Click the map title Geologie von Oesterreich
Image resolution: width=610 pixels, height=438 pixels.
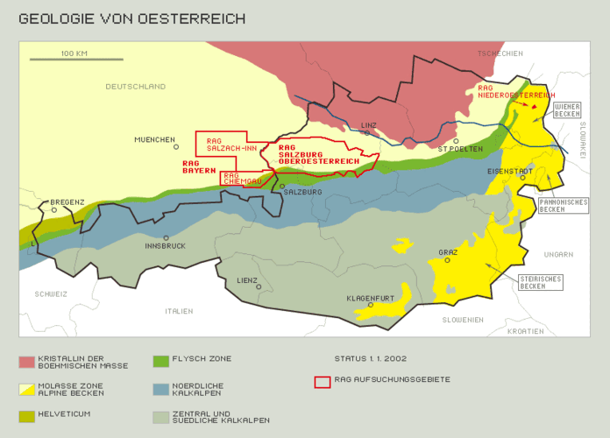point(131,18)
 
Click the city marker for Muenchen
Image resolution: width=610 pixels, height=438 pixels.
point(177,147)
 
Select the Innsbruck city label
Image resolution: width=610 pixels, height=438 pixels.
point(165,246)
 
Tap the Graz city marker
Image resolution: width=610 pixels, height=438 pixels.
point(447,260)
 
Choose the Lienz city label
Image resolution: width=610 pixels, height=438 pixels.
point(247,279)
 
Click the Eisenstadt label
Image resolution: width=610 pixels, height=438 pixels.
point(507,170)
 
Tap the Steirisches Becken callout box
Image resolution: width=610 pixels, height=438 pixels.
point(541,281)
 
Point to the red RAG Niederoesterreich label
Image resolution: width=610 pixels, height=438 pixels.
point(516,92)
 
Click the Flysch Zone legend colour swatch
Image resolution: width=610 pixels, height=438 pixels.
point(160,360)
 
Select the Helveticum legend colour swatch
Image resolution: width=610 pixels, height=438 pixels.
point(26,414)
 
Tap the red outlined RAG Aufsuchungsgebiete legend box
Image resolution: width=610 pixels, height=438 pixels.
point(323,382)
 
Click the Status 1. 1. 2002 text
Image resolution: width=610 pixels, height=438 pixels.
point(370,358)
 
